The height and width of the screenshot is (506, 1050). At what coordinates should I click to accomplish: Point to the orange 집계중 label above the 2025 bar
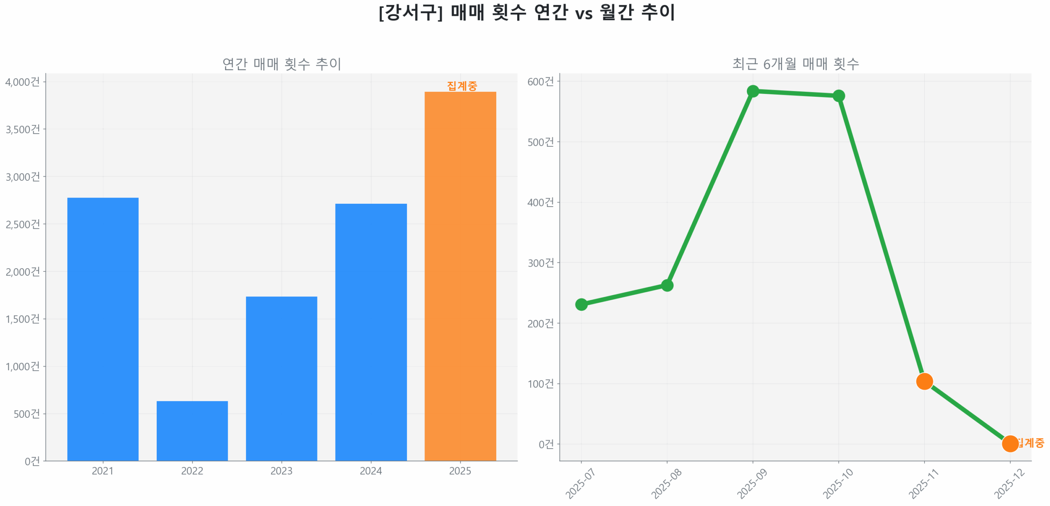tap(462, 86)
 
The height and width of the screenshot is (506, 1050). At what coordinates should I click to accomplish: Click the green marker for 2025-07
tap(581, 304)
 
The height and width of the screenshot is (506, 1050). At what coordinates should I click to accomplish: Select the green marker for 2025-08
tap(667, 285)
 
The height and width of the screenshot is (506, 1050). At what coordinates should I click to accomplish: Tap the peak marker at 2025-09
tap(753, 91)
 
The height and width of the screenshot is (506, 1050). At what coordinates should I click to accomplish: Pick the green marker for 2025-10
tap(838, 96)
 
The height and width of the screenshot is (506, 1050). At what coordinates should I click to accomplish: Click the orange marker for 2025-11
tap(924, 381)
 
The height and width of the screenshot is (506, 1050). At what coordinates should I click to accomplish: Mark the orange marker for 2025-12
tap(1010, 443)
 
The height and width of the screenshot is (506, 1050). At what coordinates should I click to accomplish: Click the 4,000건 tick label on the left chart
tap(23, 82)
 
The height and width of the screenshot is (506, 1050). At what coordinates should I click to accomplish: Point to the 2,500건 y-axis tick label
tap(23, 224)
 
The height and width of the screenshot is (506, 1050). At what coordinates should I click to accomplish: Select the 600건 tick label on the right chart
tap(541, 82)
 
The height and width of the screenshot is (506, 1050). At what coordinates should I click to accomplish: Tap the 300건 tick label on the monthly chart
tap(541, 263)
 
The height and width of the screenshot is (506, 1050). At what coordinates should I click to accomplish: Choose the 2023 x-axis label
tap(281, 471)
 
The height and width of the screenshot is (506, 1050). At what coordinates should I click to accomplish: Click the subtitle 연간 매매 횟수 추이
tap(281, 64)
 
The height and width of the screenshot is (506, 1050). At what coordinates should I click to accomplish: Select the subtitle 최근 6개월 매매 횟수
tap(795, 64)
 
